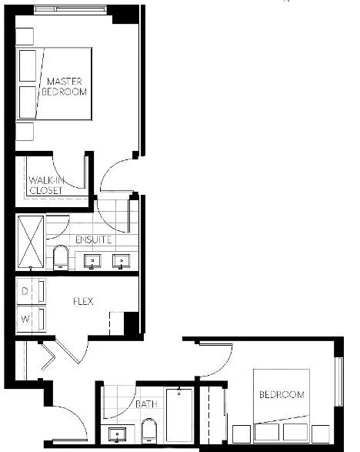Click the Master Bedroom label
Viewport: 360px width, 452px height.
[x=64, y=86]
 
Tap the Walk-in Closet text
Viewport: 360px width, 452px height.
[x=46, y=186]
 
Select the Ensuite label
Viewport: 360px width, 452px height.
[x=93, y=239]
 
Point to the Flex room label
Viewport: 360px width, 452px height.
[x=83, y=302]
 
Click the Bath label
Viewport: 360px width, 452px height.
[x=146, y=404]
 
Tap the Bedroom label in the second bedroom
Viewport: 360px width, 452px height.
[x=282, y=394]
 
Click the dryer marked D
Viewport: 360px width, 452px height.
[x=31, y=291]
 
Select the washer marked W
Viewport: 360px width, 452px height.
[x=31, y=319]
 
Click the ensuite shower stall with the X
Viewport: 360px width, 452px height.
[x=31, y=242]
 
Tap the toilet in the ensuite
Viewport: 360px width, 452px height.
[x=61, y=257]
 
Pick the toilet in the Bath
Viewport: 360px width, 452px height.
[x=149, y=430]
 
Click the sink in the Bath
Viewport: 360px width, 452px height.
[x=117, y=434]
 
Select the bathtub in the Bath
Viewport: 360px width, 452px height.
[x=179, y=415]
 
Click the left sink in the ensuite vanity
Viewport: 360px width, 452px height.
[x=92, y=261]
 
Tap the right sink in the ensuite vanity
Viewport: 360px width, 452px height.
[x=122, y=261]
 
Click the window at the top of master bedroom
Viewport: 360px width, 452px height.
[x=71, y=9]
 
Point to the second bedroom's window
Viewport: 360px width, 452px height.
[x=340, y=382]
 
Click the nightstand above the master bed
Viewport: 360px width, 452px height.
[x=25, y=36]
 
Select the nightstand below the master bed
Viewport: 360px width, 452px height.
[x=25, y=132]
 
